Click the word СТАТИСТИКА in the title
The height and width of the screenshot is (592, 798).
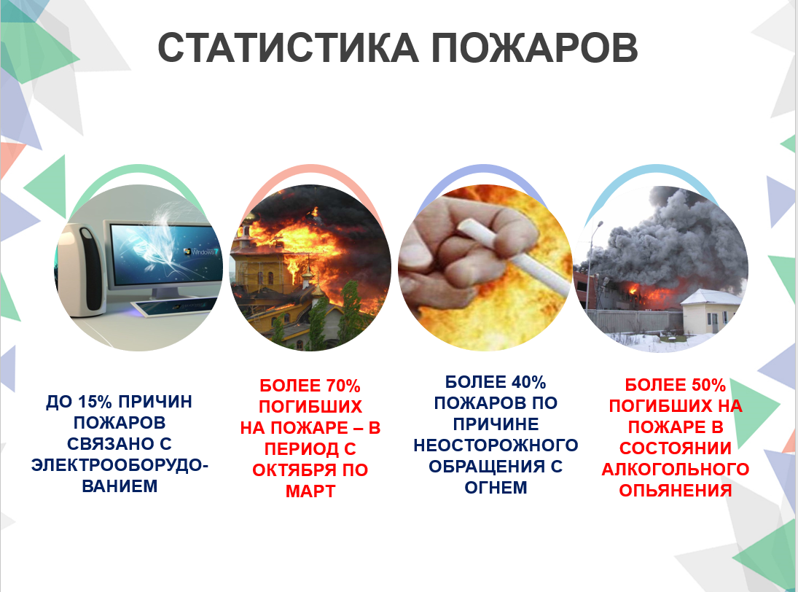click(288, 48)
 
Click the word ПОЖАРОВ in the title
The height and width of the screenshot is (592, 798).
click(535, 48)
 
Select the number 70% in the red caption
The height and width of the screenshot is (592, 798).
click(343, 386)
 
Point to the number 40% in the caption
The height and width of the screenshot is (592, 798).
click(529, 382)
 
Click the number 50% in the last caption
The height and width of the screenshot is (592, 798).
click(708, 386)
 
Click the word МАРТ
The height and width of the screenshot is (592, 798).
click(310, 491)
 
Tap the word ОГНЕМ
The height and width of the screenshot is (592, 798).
click(496, 487)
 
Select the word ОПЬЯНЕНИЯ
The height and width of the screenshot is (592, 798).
click(676, 490)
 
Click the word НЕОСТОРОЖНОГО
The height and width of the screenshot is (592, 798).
click(496, 445)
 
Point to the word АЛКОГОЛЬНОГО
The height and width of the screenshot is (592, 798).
click(676, 469)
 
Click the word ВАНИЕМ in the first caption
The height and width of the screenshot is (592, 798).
click(120, 486)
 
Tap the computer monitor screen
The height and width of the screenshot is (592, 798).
click(166, 255)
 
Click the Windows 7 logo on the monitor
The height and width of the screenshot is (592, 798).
click(202, 252)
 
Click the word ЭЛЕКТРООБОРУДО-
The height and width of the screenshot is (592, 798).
click(120, 464)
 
